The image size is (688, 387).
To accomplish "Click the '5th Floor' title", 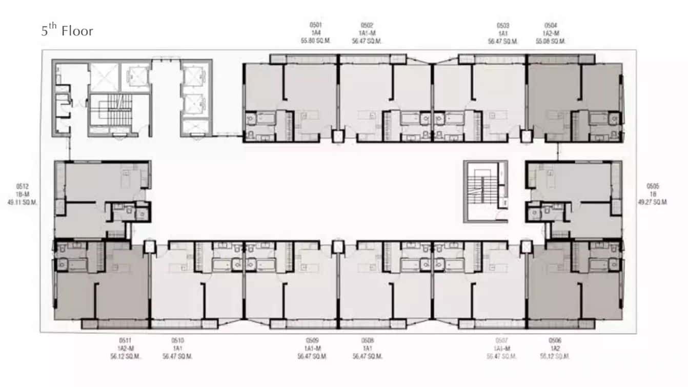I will click(x=67, y=31).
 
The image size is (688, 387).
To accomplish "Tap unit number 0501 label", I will click(x=315, y=25).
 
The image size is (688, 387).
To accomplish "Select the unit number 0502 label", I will click(x=367, y=25).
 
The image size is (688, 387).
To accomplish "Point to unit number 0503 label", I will click(x=503, y=25).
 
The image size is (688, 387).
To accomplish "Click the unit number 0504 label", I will click(x=551, y=25).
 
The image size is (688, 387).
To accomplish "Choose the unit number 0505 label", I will click(x=653, y=186).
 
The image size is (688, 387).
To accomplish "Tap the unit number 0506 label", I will click(x=554, y=340).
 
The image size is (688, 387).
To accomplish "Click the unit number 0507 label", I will click(x=503, y=340).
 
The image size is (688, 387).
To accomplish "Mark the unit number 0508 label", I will click(x=367, y=340).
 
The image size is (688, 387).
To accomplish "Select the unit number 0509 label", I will click(x=312, y=340).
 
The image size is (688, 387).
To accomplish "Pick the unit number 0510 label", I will click(x=177, y=340).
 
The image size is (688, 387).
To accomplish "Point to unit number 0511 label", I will click(x=125, y=340).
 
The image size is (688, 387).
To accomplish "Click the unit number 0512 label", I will click(x=22, y=186).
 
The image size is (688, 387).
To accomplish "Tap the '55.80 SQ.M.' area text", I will click(x=315, y=41).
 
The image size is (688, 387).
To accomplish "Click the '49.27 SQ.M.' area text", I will click(x=653, y=202).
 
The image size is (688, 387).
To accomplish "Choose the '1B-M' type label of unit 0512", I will click(x=22, y=194).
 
